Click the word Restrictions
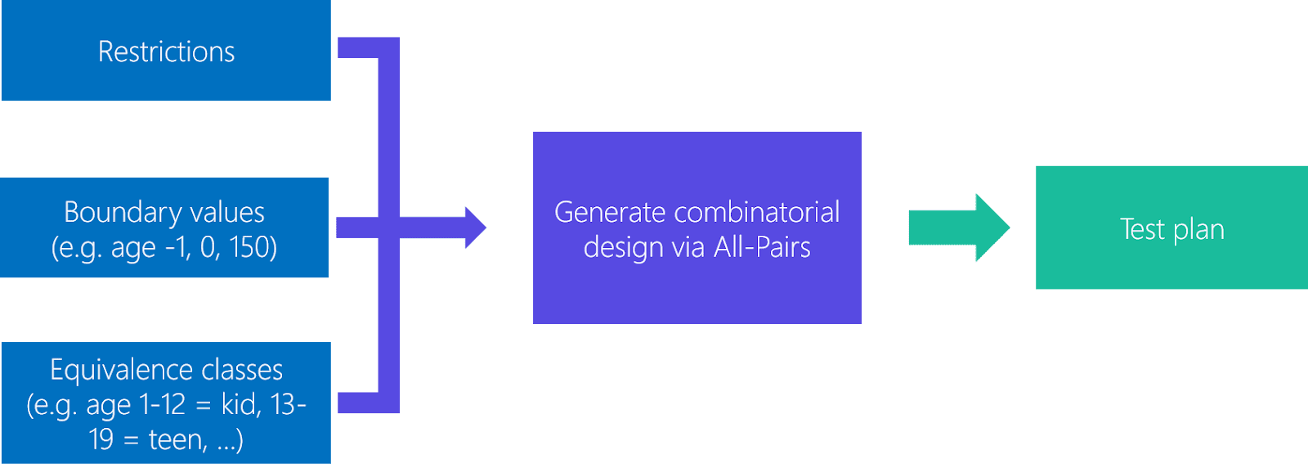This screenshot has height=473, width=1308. [166, 52]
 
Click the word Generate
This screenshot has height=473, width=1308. [610, 213]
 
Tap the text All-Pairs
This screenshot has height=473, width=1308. [762, 247]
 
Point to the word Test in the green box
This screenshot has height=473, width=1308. [1142, 229]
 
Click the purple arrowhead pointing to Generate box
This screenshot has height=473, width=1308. [475, 227]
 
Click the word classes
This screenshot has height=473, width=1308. [242, 370]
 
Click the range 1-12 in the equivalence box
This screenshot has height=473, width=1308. [162, 405]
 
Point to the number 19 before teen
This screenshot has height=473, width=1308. [101, 440]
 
